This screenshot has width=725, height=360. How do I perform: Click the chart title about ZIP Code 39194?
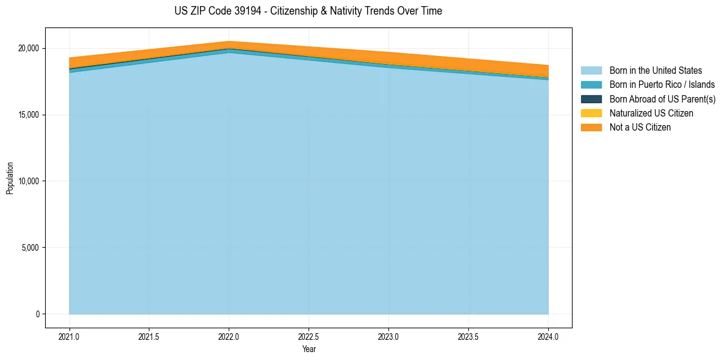point(308,11)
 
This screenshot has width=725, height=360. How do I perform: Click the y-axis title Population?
point(10,178)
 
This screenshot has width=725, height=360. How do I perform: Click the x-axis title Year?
point(309,349)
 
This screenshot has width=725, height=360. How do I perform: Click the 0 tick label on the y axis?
point(37,314)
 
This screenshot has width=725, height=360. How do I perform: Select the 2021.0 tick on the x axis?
point(70,336)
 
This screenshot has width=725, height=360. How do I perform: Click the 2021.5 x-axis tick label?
point(149,336)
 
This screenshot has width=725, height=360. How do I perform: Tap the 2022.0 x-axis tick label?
point(229,336)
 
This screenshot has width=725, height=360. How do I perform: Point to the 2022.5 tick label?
point(309,336)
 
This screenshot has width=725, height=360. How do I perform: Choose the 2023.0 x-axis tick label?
point(388,336)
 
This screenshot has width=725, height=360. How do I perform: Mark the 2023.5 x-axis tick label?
point(468,336)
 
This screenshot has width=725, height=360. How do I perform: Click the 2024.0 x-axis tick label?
point(548,336)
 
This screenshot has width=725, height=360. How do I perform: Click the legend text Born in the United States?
point(655,71)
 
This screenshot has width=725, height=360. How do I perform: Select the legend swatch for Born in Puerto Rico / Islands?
point(591,85)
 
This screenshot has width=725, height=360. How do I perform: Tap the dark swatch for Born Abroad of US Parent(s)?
point(591,99)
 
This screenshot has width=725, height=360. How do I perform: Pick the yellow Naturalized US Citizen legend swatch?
point(591,113)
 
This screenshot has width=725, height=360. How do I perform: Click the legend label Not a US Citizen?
point(640,128)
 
